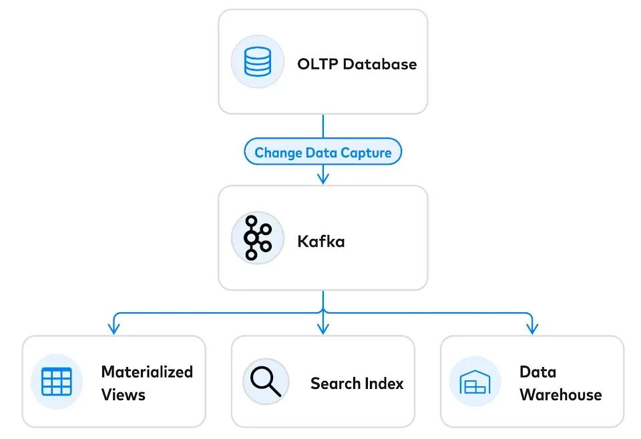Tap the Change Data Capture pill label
(323, 153)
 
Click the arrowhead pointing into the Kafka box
(323, 178)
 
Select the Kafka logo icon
(256, 238)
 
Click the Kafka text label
(321, 241)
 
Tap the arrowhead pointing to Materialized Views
(114, 328)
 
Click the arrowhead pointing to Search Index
(323, 328)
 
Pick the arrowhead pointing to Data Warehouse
(532, 328)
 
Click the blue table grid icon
(56, 382)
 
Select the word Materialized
(147, 372)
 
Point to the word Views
(123, 395)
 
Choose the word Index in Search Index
(386, 384)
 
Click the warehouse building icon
(475, 382)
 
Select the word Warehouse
(560, 395)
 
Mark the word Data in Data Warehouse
(538, 372)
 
